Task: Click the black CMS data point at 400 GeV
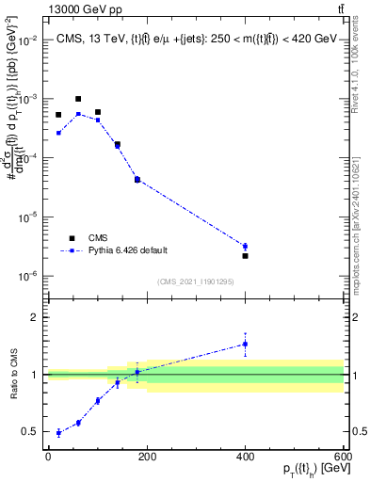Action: tap(245, 256)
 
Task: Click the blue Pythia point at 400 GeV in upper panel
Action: tap(245, 246)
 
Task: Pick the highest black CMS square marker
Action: tap(78, 99)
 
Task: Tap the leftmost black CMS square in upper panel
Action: tap(58, 115)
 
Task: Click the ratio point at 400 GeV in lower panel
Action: tap(245, 344)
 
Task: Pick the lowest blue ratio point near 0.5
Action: tap(58, 433)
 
